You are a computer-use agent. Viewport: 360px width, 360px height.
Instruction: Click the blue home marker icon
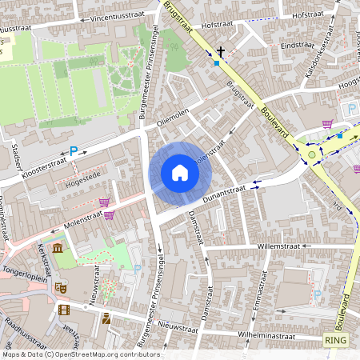tap(180, 173)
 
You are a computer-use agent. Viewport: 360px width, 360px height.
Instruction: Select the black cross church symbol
tap(221, 50)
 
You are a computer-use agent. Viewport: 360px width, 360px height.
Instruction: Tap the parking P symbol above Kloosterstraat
tap(74, 150)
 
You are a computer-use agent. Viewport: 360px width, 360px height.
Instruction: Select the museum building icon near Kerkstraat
tap(58, 249)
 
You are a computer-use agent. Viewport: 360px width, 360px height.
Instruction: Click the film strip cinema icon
tap(64, 310)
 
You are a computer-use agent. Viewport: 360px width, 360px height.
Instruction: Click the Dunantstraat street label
tap(224, 191)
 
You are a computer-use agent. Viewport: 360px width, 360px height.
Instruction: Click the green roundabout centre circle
tap(312, 155)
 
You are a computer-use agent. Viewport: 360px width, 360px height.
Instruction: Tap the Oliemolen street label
tap(172, 117)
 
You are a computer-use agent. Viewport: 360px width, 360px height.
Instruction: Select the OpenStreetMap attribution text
tap(80, 354)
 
